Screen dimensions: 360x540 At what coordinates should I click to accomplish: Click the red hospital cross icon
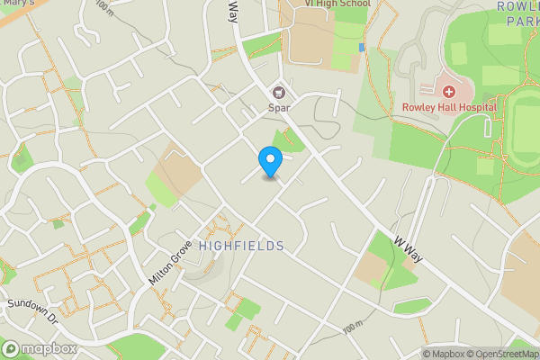coord(448,91)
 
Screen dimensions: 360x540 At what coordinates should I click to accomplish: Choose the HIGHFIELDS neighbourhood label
coord(241,246)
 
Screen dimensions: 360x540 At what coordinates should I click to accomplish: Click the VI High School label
coord(337,4)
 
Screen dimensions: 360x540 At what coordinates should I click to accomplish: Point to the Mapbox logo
coord(38,348)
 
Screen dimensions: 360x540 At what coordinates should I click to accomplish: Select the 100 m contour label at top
coord(104,8)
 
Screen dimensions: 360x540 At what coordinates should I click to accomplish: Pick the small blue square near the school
coord(362,47)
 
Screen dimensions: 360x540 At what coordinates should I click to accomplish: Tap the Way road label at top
coord(232,11)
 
